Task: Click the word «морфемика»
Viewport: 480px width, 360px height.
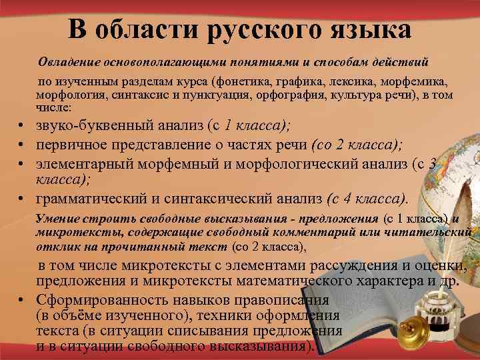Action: (x=415, y=83)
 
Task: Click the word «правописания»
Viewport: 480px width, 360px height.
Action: (x=271, y=299)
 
